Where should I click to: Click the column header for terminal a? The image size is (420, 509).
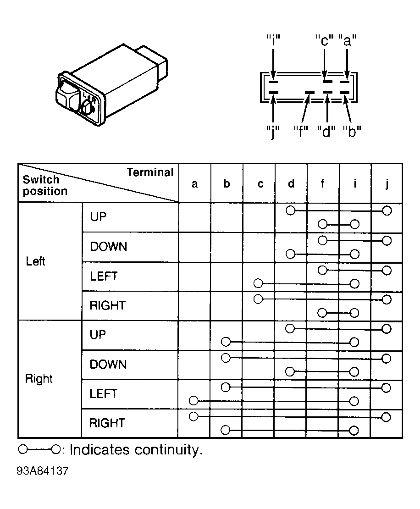tap(194, 184)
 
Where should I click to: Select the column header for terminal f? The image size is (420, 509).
tap(322, 183)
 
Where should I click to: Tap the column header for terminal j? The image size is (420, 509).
tap(387, 184)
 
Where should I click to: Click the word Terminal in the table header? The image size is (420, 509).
tap(150, 172)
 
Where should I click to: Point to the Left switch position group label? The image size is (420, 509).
tap(35, 261)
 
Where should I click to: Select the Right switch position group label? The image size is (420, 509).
tap(39, 379)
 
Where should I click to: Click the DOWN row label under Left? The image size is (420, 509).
tap(108, 247)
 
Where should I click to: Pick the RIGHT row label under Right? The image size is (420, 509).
tap(107, 423)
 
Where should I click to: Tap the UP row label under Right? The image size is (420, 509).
tap(98, 334)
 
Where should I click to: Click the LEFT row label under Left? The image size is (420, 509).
tap(104, 276)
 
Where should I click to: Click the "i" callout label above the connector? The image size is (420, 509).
tap(273, 40)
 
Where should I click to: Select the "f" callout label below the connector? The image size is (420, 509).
tap(300, 132)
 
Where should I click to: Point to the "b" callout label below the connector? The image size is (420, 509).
tap(352, 132)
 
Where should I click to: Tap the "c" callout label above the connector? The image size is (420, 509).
tap(325, 40)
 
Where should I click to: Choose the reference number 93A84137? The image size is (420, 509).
tap(43, 470)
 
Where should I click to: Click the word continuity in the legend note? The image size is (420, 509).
tap(168, 450)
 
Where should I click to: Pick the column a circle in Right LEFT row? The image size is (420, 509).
tap(193, 401)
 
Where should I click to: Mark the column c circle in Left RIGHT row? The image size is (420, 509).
tap(258, 299)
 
